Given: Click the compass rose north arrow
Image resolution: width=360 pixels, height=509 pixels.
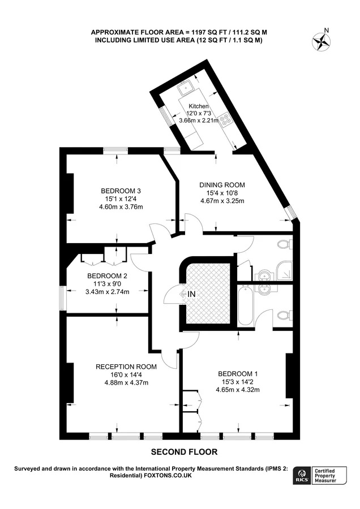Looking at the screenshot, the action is tap(322, 41).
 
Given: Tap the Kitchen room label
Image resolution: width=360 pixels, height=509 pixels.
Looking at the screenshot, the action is tap(199, 106).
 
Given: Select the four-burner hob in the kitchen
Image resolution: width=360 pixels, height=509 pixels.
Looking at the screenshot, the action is tap(225, 120).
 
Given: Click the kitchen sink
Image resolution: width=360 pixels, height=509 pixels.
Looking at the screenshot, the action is tap(186, 88).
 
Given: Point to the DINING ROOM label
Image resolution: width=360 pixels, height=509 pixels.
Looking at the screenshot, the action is tap(222, 185).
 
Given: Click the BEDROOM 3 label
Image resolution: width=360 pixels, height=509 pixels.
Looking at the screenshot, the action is tap(121, 191).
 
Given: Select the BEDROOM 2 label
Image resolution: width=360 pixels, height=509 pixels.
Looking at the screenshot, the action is tap(107, 276).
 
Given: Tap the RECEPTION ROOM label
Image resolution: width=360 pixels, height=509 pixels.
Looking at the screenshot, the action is tap(126, 367).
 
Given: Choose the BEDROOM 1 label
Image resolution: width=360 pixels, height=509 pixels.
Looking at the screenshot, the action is tap(238, 374).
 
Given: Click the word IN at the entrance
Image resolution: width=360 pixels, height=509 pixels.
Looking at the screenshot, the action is tap(191, 294).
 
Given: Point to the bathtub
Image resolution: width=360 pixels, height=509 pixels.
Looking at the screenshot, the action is tap(244, 306).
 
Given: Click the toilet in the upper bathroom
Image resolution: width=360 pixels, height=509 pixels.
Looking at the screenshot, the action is tap(285, 244).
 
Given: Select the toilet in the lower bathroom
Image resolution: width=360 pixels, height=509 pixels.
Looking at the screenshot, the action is tap(285, 315).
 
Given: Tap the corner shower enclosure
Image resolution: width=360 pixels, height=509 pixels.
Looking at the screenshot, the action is tap(285, 271).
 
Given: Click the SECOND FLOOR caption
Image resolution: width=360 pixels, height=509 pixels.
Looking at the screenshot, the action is tap(184, 452).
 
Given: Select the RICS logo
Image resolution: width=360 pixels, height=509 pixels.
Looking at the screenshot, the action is tap(302, 476).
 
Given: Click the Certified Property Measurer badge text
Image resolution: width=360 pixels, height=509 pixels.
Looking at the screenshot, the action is tap(325, 476).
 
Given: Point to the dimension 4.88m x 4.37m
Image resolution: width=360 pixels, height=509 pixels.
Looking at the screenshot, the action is tap(126, 383).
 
